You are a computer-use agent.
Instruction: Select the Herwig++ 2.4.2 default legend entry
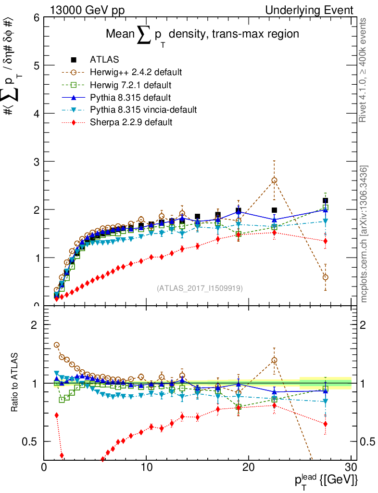tap(136, 72)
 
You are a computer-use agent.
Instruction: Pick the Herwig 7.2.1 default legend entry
tap(131, 85)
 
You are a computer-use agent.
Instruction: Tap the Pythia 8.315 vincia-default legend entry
tap(143, 110)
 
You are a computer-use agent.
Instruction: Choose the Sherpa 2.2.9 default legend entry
tap(131, 122)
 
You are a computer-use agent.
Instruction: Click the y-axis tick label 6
tap(36, 18)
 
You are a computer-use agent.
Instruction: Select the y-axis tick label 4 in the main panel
tap(36, 114)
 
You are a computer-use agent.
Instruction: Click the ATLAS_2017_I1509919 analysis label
tap(200, 288)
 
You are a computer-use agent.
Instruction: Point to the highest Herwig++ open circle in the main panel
tap(274, 181)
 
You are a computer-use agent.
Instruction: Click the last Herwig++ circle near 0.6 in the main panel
tap(326, 277)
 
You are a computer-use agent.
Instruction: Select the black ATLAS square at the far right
tap(326, 200)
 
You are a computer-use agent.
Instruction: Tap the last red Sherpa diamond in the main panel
tap(326, 241)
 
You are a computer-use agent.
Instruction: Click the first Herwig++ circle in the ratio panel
tap(57, 345)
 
